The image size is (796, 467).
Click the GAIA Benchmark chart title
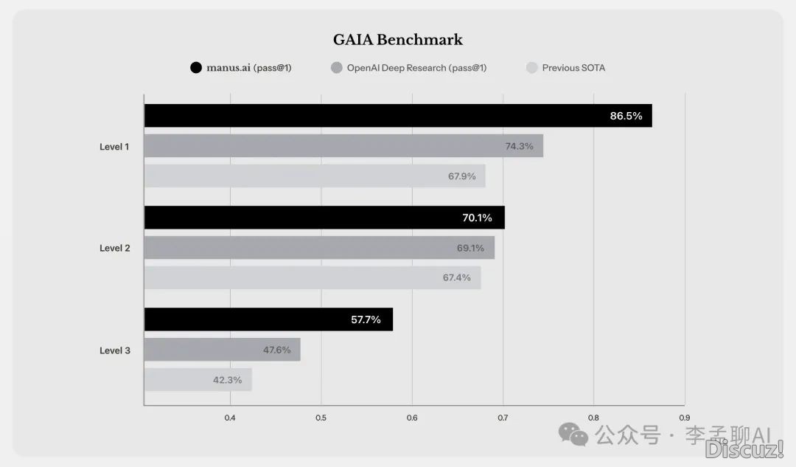(397, 40)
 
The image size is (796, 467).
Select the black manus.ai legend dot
(196, 68)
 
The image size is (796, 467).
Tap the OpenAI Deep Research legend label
(416, 68)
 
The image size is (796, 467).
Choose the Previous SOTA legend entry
(573, 68)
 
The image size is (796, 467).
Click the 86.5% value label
(626, 116)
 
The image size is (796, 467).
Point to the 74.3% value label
(519, 146)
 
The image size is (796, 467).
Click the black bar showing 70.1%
(324, 218)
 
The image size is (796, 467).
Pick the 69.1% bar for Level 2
(319, 248)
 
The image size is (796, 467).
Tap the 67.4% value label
(456, 277)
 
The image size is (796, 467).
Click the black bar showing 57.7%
(268, 319)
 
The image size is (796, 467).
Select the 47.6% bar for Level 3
(222, 350)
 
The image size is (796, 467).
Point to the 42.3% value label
(228, 380)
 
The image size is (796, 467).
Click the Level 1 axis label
(114, 147)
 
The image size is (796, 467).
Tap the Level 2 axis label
(114, 248)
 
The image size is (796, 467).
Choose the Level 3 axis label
(114, 350)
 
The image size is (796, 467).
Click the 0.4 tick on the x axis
(230, 418)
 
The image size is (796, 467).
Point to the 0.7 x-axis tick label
(503, 418)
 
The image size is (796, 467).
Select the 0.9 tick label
(685, 418)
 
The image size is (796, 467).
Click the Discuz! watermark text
(743, 448)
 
